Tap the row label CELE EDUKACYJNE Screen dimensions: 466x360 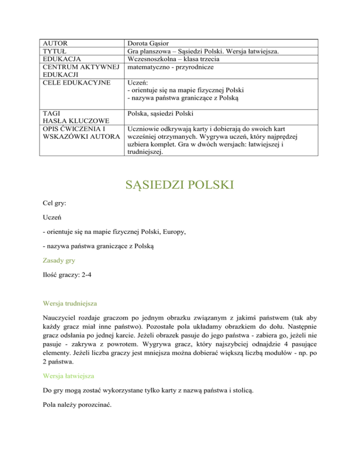(70, 83)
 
